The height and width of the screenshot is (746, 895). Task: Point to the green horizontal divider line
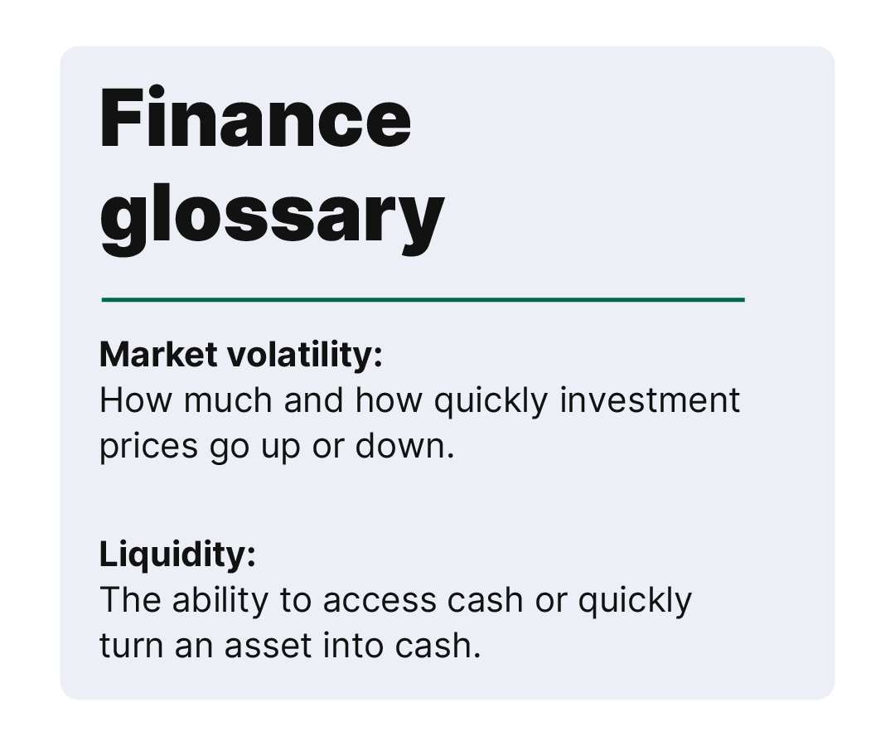tap(423, 300)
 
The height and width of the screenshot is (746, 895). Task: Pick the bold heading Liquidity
tap(177, 554)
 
